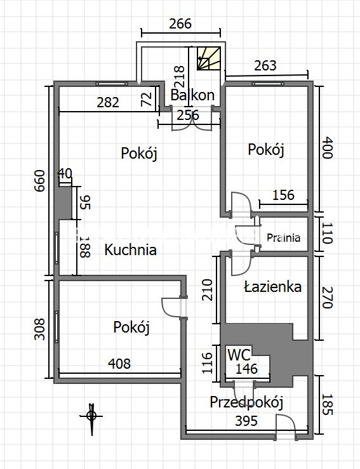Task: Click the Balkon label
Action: (192, 95)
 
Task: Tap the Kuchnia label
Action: (130, 249)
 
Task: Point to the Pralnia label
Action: (283, 238)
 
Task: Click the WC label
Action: (239, 355)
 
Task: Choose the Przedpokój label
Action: (246, 402)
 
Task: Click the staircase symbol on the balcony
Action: (209, 58)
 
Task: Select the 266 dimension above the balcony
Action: (180, 23)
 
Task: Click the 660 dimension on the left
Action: (39, 181)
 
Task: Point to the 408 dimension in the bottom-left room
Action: (119, 364)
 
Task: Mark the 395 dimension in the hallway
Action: (246, 421)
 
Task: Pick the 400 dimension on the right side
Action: (327, 148)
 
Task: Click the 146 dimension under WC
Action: (246, 369)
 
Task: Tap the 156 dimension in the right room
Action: (284, 195)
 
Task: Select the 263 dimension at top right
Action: (265, 66)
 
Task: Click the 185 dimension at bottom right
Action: (327, 404)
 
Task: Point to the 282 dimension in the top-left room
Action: (108, 103)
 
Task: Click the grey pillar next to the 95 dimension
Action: (65, 203)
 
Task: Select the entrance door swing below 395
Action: (286, 425)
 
